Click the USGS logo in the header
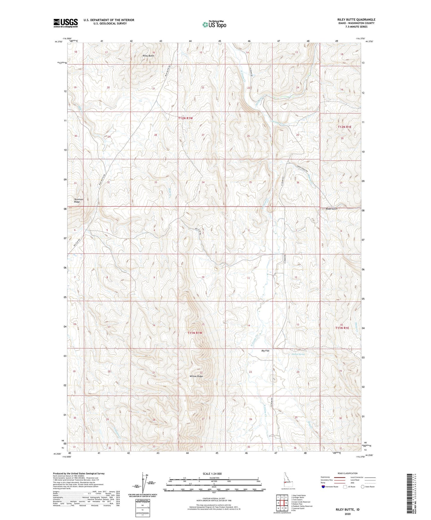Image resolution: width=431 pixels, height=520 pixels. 66,23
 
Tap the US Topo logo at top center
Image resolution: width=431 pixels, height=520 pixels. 214,24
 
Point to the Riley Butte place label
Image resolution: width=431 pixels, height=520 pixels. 148,56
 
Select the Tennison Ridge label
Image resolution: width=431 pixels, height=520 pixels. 79,200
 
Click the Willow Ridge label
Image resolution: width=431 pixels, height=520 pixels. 196,376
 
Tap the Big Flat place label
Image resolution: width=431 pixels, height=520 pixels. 265,351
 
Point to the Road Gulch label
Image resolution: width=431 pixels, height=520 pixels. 331,209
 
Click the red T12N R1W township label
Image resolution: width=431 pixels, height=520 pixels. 186,118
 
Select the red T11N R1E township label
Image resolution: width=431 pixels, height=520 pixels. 342,328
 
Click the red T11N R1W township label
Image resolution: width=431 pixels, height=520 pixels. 195,333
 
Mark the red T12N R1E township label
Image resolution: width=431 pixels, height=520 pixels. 345,127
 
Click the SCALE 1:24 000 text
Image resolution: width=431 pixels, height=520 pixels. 212,474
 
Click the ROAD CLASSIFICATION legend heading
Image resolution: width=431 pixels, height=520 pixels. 347,473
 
